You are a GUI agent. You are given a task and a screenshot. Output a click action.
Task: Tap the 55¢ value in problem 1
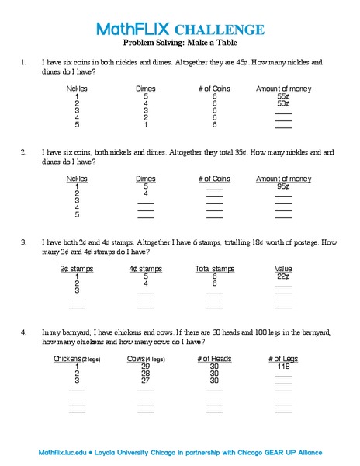coord(283,96)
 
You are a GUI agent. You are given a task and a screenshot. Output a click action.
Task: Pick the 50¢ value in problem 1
coord(283,103)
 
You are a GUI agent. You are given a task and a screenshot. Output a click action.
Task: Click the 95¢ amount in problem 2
coord(283,186)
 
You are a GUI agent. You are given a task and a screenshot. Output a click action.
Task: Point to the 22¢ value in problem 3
coord(283,276)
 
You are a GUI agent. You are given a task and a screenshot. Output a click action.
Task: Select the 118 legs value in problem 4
coord(283,367)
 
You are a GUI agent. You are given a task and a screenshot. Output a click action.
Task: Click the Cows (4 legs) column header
coord(146,359)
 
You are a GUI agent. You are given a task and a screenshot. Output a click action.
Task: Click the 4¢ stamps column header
coord(146,269)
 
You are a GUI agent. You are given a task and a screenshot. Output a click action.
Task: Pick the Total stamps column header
coord(214,269)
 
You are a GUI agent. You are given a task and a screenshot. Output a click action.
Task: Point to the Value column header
coord(283,269)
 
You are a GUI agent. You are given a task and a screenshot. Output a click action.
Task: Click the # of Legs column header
coord(283,359)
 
